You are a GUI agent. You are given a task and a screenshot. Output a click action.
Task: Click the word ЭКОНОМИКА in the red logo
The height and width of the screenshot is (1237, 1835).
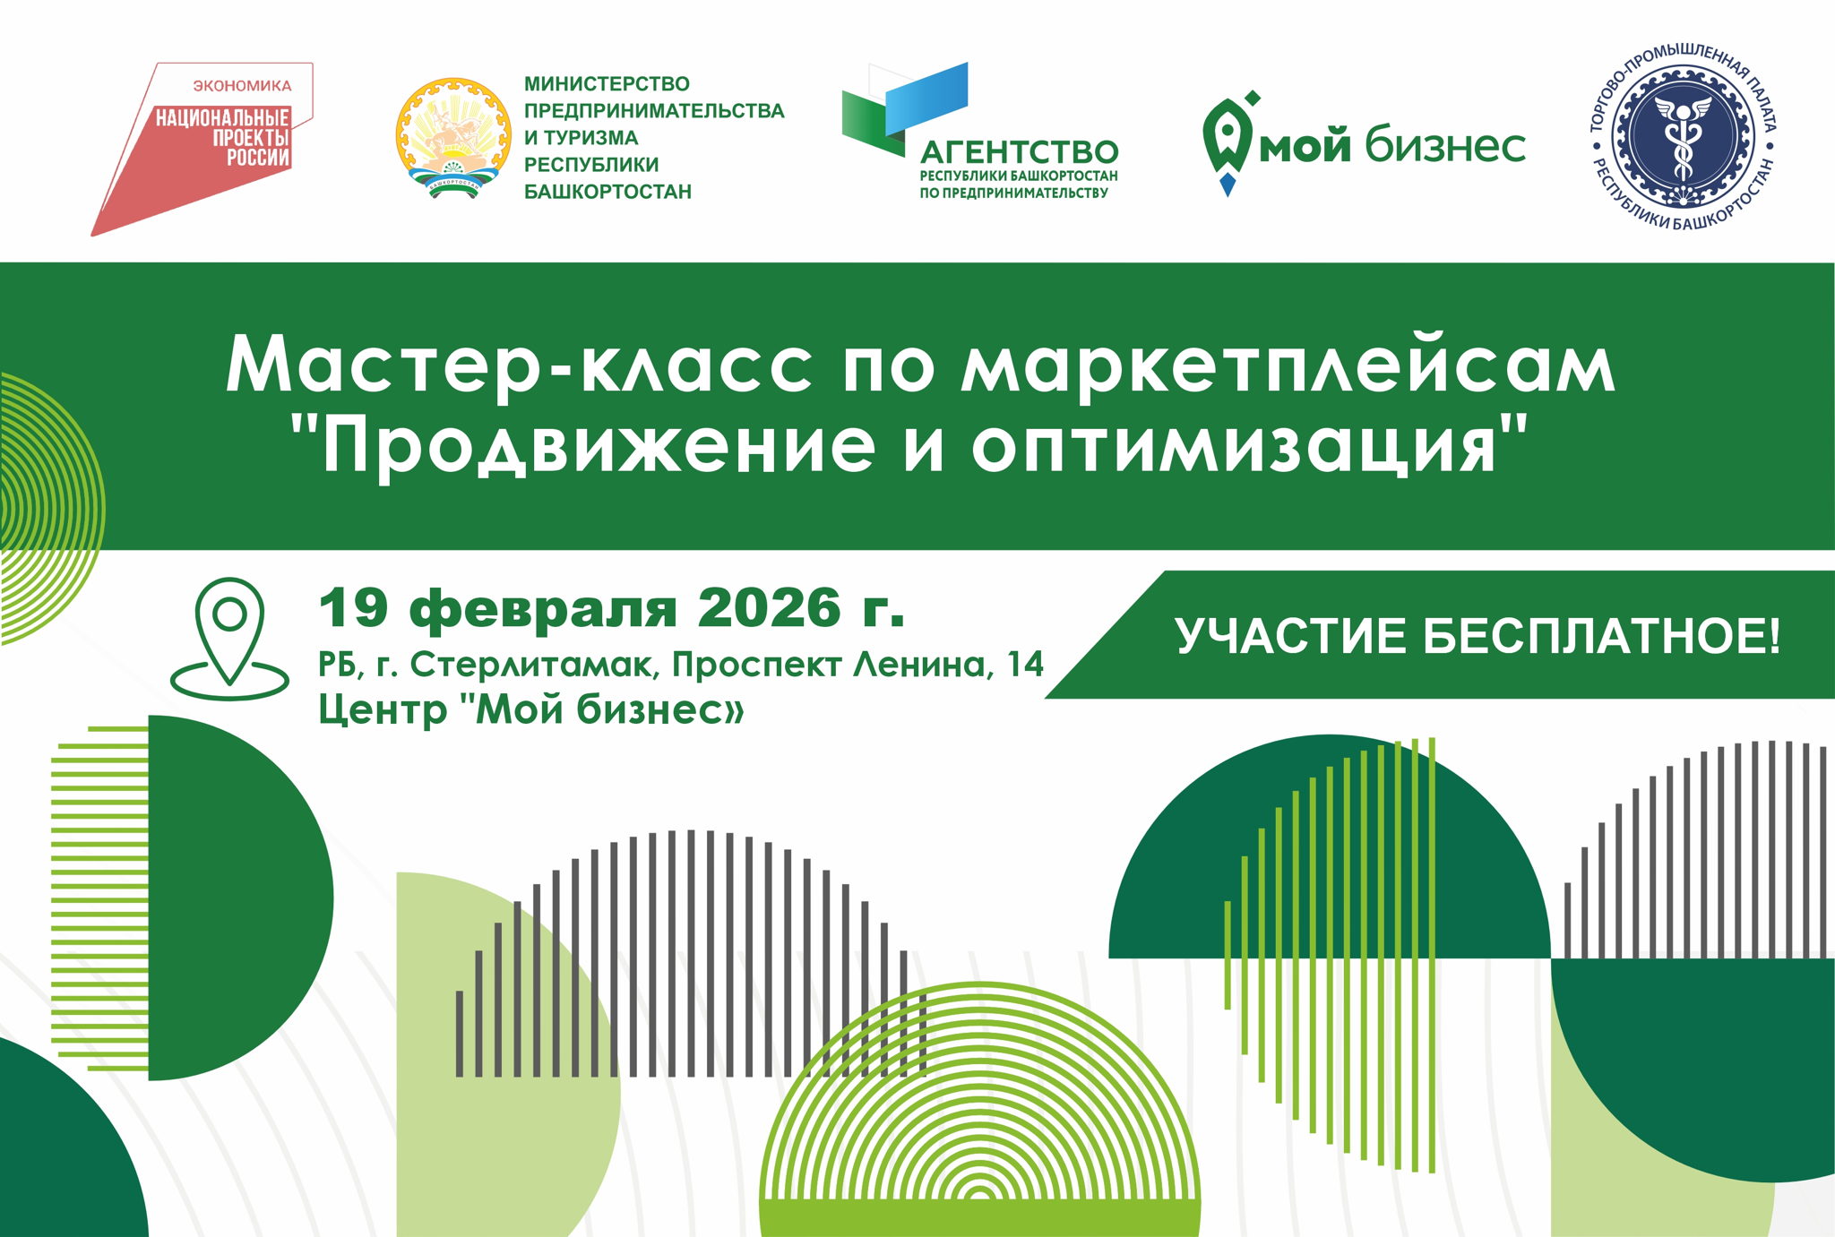point(242,86)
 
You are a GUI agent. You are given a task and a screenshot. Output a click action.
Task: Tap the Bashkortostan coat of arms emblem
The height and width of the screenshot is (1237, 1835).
point(453,137)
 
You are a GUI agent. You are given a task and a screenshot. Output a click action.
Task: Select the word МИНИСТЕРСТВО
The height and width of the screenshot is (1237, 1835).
point(607,84)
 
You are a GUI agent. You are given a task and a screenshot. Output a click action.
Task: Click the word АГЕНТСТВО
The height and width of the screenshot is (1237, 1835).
point(1020,151)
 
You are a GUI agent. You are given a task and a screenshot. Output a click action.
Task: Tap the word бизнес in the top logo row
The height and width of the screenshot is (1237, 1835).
point(1444,145)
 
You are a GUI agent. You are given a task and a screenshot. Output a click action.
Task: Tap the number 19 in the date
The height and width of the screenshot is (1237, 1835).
point(354,608)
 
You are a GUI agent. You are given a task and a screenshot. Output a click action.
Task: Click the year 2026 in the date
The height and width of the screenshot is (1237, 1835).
point(769,608)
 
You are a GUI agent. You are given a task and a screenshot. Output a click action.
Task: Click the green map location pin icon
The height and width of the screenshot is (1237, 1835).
point(229,635)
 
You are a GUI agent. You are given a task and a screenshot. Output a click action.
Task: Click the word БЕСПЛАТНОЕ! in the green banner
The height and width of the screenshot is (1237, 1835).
point(1601,636)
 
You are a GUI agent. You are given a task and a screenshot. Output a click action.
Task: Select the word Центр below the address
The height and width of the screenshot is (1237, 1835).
point(383,711)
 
